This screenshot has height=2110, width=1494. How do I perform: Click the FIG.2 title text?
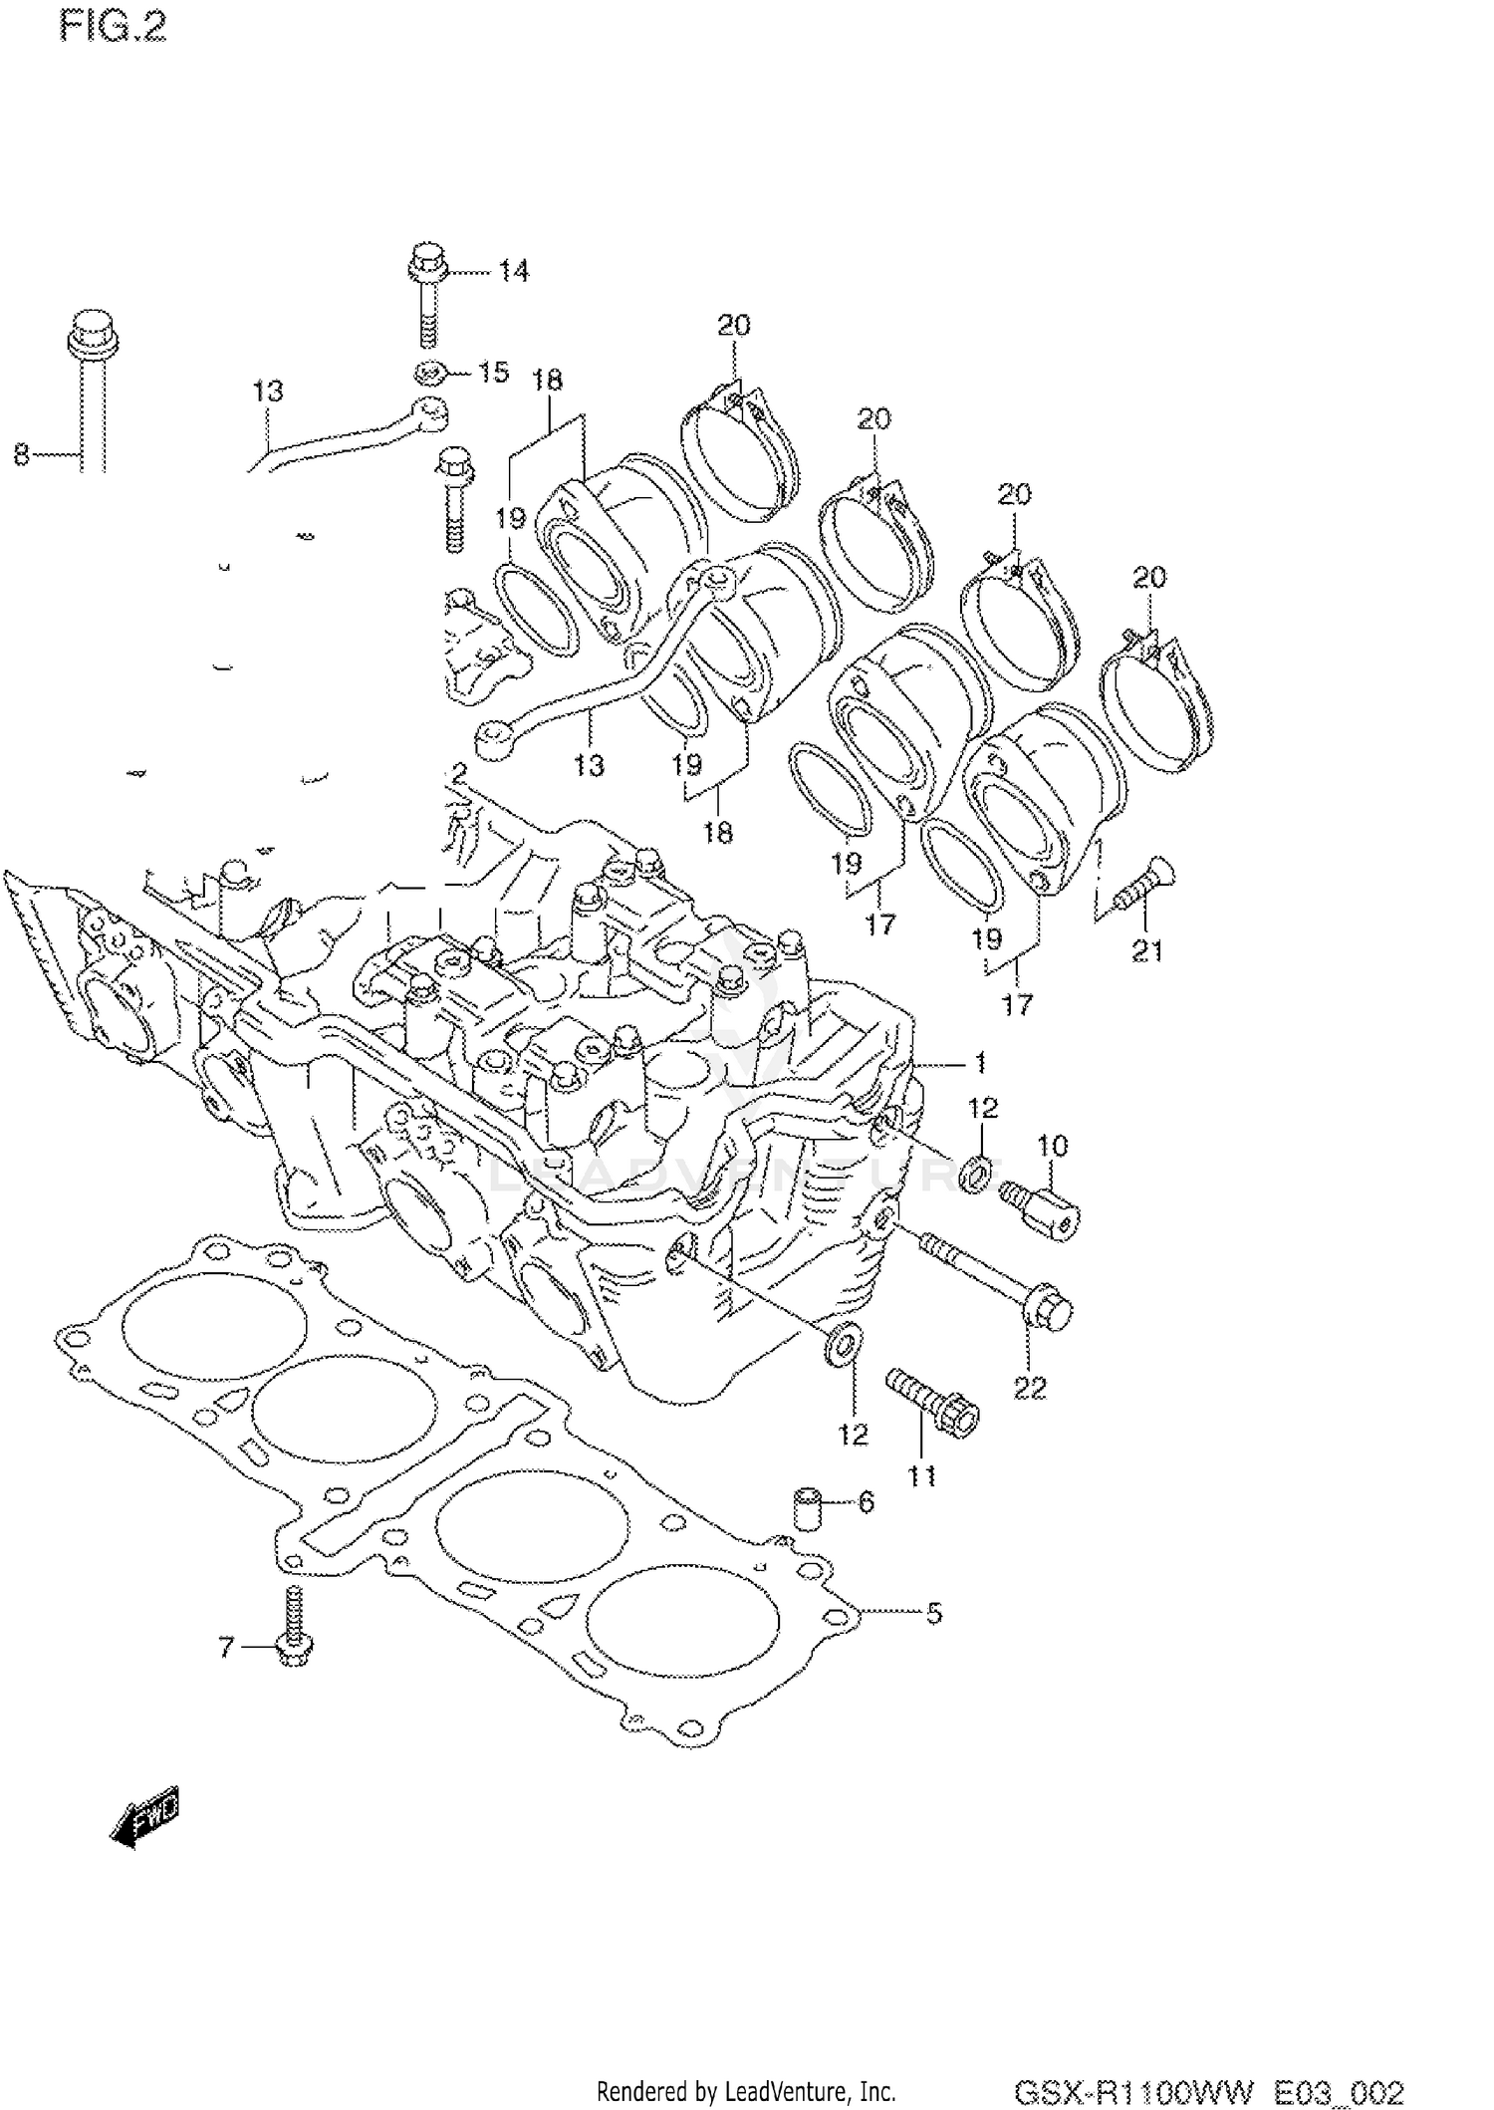[114, 28]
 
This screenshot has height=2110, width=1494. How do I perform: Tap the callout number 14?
[514, 271]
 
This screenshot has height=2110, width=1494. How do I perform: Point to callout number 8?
[22, 456]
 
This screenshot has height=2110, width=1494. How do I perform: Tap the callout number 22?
[1030, 1387]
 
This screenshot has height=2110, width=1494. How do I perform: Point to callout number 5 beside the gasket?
[933, 1613]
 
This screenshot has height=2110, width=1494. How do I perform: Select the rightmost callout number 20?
[1148, 577]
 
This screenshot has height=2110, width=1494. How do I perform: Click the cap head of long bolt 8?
[93, 333]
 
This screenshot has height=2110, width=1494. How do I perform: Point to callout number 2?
[458, 773]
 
